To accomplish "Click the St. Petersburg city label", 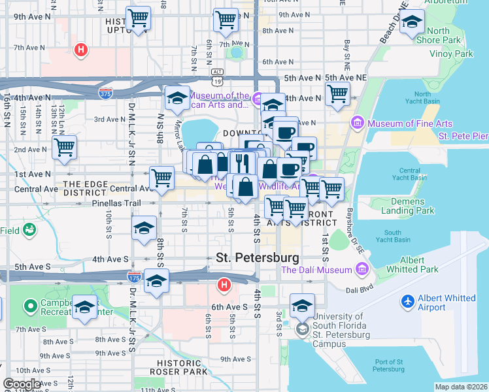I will [x=258, y=258].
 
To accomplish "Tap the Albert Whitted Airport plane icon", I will [x=409, y=302].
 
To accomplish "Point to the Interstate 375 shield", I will [x=105, y=93].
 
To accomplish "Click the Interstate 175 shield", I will [x=135, y=277].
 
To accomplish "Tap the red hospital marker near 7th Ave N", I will [x=80, y=49].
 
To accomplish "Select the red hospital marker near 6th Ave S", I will [x=224, y=286].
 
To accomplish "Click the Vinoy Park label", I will [x=455, y=54].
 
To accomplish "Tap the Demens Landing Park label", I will [x=407, y=206].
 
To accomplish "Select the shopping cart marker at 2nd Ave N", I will [x=64, y=150].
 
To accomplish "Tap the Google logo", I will [x=22, y=384].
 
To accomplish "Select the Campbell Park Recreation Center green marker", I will [x=30, y=306].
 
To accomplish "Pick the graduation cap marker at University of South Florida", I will [x=302, y=306].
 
